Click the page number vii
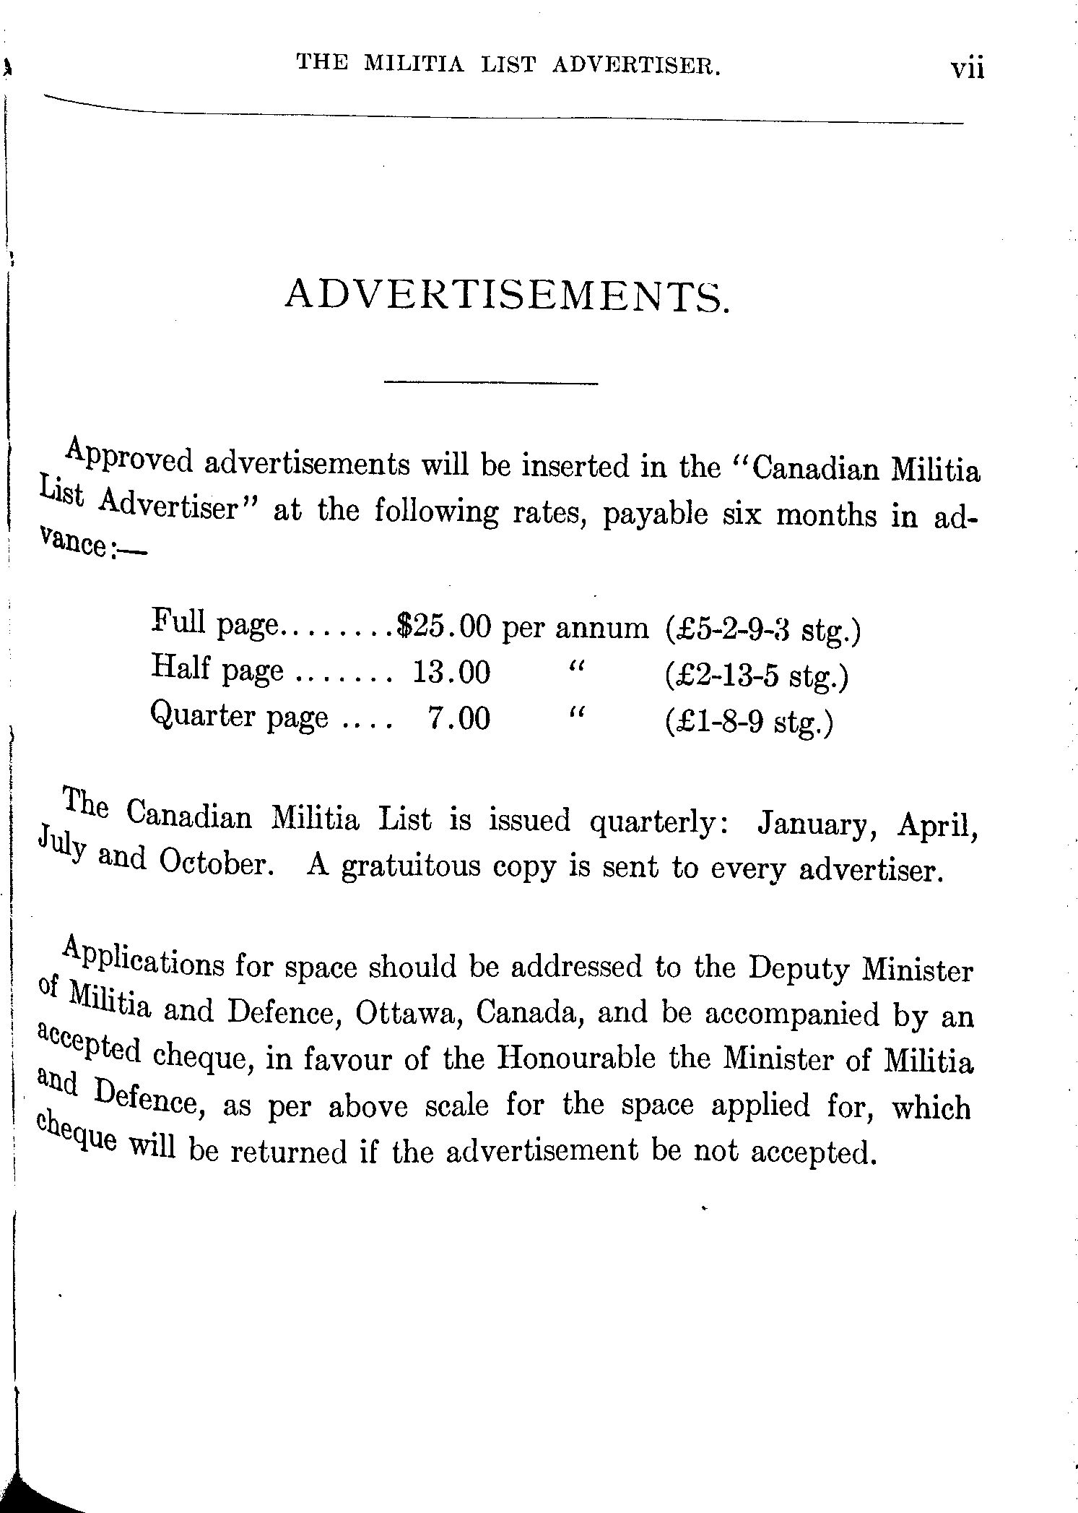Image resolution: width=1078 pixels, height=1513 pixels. pyautogui.click(x=967, y=70)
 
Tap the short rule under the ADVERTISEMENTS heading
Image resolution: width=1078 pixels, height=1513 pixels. pyautogui.click(x=491, y=382)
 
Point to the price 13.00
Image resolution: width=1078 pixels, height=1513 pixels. pyautogui.click(x=451, y=673)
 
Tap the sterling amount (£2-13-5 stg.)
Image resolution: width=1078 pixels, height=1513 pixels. pyautogui.click(x=755, y=676)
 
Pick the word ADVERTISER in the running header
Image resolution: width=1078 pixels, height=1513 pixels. pyautogui.click(x=636, y=66)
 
